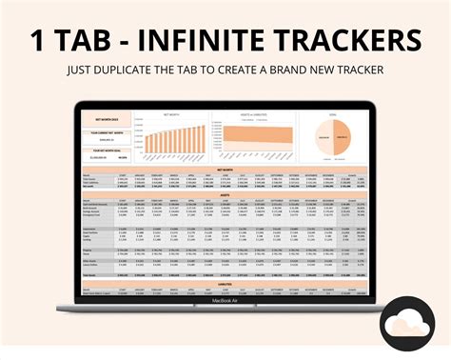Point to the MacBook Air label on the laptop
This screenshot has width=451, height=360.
pos(225,304)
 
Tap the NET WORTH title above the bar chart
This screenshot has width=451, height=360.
pos(172,112)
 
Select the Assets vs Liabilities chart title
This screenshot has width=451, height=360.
pos(252,112)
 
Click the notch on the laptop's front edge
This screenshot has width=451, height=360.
pos(225,310)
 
